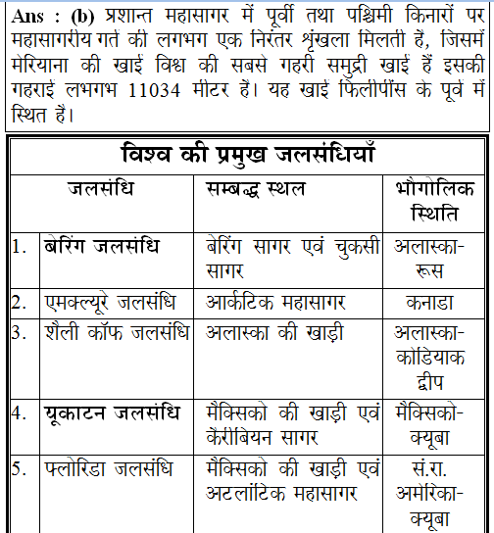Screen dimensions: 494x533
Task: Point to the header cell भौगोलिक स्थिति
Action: click(x=435, y=199)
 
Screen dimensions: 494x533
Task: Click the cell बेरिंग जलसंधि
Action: click(x=101, y=245)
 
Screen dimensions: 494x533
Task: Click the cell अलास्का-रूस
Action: click(x=435, y=257)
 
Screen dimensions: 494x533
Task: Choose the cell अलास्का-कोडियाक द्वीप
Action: click(x=435, y=355)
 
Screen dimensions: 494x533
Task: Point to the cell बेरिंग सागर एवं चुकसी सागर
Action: click(x=293, y=257)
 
